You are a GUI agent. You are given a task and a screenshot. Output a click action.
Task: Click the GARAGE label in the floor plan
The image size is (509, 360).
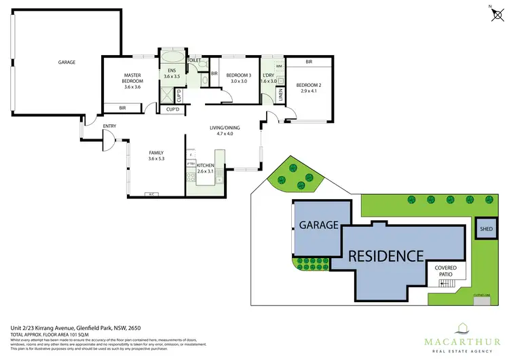(66, 62)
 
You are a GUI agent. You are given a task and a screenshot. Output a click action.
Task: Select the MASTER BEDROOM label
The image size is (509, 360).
(131, 81)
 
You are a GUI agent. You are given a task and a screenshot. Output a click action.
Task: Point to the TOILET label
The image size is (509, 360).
(195, 60)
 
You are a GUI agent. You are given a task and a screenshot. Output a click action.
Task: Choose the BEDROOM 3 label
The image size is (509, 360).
(239, 77)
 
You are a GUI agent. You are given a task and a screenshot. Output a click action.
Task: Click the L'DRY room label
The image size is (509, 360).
(269, 77)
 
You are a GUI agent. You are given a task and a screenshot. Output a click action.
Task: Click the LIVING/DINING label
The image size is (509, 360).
(220, 129)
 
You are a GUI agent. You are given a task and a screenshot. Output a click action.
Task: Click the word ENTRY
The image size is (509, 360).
(109, 126)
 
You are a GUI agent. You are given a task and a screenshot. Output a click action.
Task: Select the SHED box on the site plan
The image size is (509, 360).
(485, 230)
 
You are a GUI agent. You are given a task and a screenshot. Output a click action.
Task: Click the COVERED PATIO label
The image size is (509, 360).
(446, 271)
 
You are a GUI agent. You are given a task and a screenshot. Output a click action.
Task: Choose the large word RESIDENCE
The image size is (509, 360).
(385, 256)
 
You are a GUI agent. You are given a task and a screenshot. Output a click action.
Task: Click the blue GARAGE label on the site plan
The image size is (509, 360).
(319, 225)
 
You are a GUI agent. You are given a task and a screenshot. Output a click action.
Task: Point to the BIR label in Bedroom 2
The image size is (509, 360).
(309, 62)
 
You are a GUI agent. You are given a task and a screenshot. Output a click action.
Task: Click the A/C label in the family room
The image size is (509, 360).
(153, 194)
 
